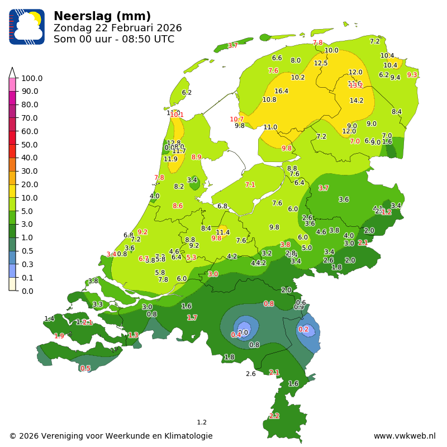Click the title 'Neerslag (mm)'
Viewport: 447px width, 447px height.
pyautogui.click(x=102, y=16)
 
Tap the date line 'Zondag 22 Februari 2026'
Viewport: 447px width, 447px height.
pyautogui.click(x=117, y=28)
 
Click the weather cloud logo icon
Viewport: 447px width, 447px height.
pyautogui.click(x=27, y=27)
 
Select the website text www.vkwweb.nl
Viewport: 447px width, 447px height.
pyautogui.click(x=404, y=436)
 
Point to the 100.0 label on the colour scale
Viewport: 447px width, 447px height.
pyautogui.click(x=32, y=78)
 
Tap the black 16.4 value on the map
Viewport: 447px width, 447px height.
pyautogui.click(x=281, y=91)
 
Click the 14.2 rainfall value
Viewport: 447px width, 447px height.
pyautogui.click(x=356, y=101)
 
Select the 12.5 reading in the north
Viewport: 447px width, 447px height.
pyautogui.click(x=321, y=63)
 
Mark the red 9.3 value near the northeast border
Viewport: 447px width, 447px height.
pyautogui.click(x=412, y=75)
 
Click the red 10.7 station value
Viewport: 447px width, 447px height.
pyautogui.click(x=237, y=120)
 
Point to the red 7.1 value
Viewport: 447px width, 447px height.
pyautogui.click(x=250, y=185)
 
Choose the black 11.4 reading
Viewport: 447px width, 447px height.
pyautogui.click(x=223, y=232)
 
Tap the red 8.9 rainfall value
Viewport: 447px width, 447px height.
pyautogui.click(x=196, y=158)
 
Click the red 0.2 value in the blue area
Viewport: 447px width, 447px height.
pyautogui.click(x=303, y=330)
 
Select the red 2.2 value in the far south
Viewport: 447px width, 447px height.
pyautogui.click(x=274, y=416)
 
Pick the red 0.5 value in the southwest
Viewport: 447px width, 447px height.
pyautogui.click(x=85, y=369)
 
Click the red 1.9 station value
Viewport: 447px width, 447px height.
pyautogui.click(x=59, y=336)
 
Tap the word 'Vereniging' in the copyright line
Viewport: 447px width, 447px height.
pyautogui.click(x=70, y=436)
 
